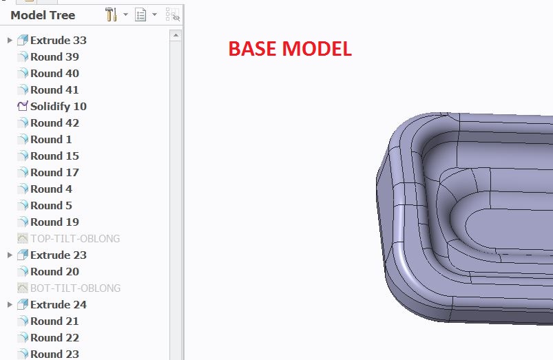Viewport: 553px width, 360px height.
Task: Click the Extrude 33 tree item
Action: coord(58,41)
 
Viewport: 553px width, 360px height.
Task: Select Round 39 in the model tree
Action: coord(54,57)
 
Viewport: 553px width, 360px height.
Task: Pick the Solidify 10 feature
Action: coord(58,107)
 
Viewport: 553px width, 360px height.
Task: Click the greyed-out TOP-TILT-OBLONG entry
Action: coord(75,239)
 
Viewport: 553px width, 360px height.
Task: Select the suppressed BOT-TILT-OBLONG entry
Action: coord(75,288)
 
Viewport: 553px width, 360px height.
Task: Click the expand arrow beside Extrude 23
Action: coord(10,255)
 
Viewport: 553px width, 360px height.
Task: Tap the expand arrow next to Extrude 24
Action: coord(10,305)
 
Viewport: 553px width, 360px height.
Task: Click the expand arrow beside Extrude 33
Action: coord(10,41)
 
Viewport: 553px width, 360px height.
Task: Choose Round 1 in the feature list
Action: coord(51,140)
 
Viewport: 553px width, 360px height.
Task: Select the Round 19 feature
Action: coord(54,222)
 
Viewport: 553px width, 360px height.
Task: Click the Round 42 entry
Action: coord(54,123)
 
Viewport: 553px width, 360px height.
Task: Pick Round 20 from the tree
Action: coord(54,272)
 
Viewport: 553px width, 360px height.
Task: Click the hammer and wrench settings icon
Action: coord(112,14)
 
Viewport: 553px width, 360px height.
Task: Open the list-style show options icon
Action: coord(140,14)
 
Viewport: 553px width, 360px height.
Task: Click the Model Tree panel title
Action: coord(43,15)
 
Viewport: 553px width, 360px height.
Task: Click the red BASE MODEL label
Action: coord(290,49)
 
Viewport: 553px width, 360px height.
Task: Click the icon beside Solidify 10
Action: coord(23,107)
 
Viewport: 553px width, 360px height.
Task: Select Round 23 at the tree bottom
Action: coord(54,354)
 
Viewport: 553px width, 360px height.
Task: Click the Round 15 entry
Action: coord(54,156)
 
